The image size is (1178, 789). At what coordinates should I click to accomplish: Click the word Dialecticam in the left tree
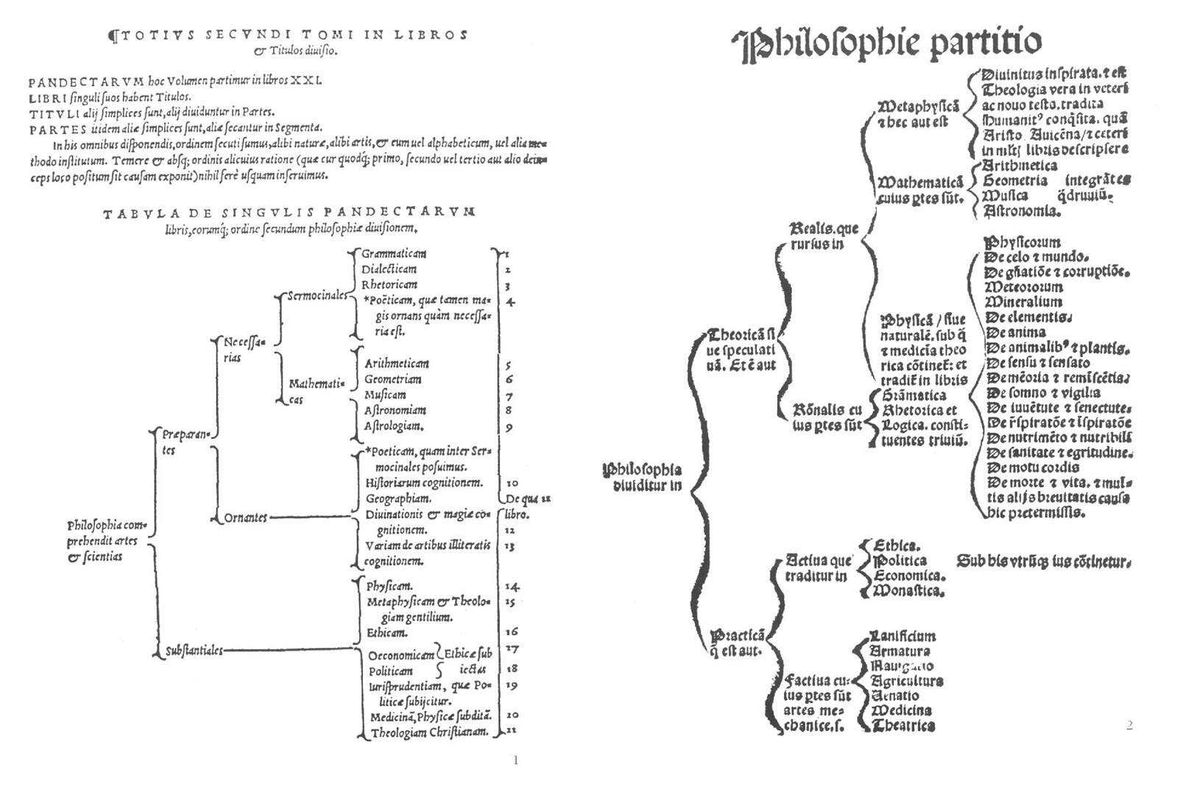coord(389,269)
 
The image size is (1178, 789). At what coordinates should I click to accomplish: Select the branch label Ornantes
coord(245,518)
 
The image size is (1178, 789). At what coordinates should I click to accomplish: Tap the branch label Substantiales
coord(194,651)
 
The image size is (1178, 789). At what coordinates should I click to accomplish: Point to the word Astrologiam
coord(394,426)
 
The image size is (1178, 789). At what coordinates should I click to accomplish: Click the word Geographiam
coord(398,498)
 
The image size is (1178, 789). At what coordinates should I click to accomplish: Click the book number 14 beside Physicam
coord(512,587)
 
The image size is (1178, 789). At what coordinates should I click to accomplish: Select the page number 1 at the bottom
coord(515,760)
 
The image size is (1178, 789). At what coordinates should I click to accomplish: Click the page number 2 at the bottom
coord(1129,726)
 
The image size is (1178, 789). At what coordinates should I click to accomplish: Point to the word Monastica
coord(908,591)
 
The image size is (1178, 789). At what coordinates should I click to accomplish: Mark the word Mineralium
coord(1023,302)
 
